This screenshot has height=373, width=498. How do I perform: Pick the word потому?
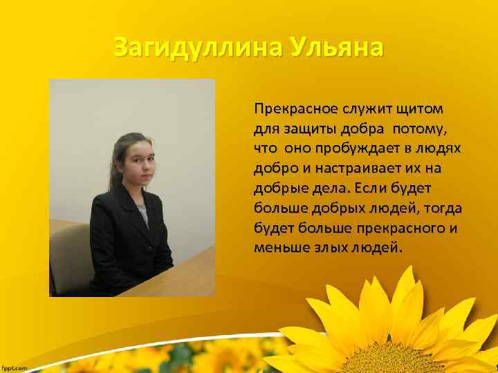(422, 128)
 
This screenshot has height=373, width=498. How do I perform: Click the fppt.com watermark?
(15, 368)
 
